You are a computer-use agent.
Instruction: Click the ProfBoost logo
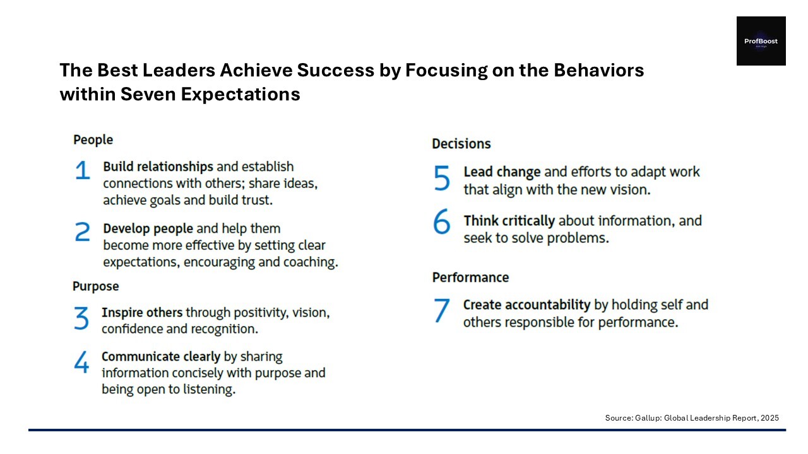click(x=761, y=41)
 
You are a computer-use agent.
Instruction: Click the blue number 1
click(x=83, y=170)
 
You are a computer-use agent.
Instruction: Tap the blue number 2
click(x=82, y=231)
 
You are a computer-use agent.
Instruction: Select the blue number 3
click(x=81, y=318)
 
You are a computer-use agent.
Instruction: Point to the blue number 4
click(x=81, y=361)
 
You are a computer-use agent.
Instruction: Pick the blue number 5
click(x=441, y=177)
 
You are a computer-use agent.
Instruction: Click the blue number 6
click(x=441, y=221)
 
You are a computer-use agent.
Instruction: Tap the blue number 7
click(x=441, y=310)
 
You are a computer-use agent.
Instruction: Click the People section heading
click(x=93, y=140)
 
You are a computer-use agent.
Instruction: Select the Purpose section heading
click(x=95, y=286)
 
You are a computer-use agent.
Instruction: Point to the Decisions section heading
click(x=461, y=144)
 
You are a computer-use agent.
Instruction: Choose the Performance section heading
click(x=471, y=277)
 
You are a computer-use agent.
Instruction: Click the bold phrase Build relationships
click(x=158, y=167)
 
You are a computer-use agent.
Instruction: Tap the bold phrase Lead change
click(x=502, y=172)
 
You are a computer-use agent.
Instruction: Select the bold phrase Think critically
click(x=509, y=221)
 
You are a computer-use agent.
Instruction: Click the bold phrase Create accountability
click(x=526, y=305)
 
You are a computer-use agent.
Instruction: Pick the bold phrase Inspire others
click(x=142, y=312)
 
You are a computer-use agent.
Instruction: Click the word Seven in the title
click(x=148, y=95)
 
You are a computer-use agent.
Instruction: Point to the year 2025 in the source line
click(x=769, y=418)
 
